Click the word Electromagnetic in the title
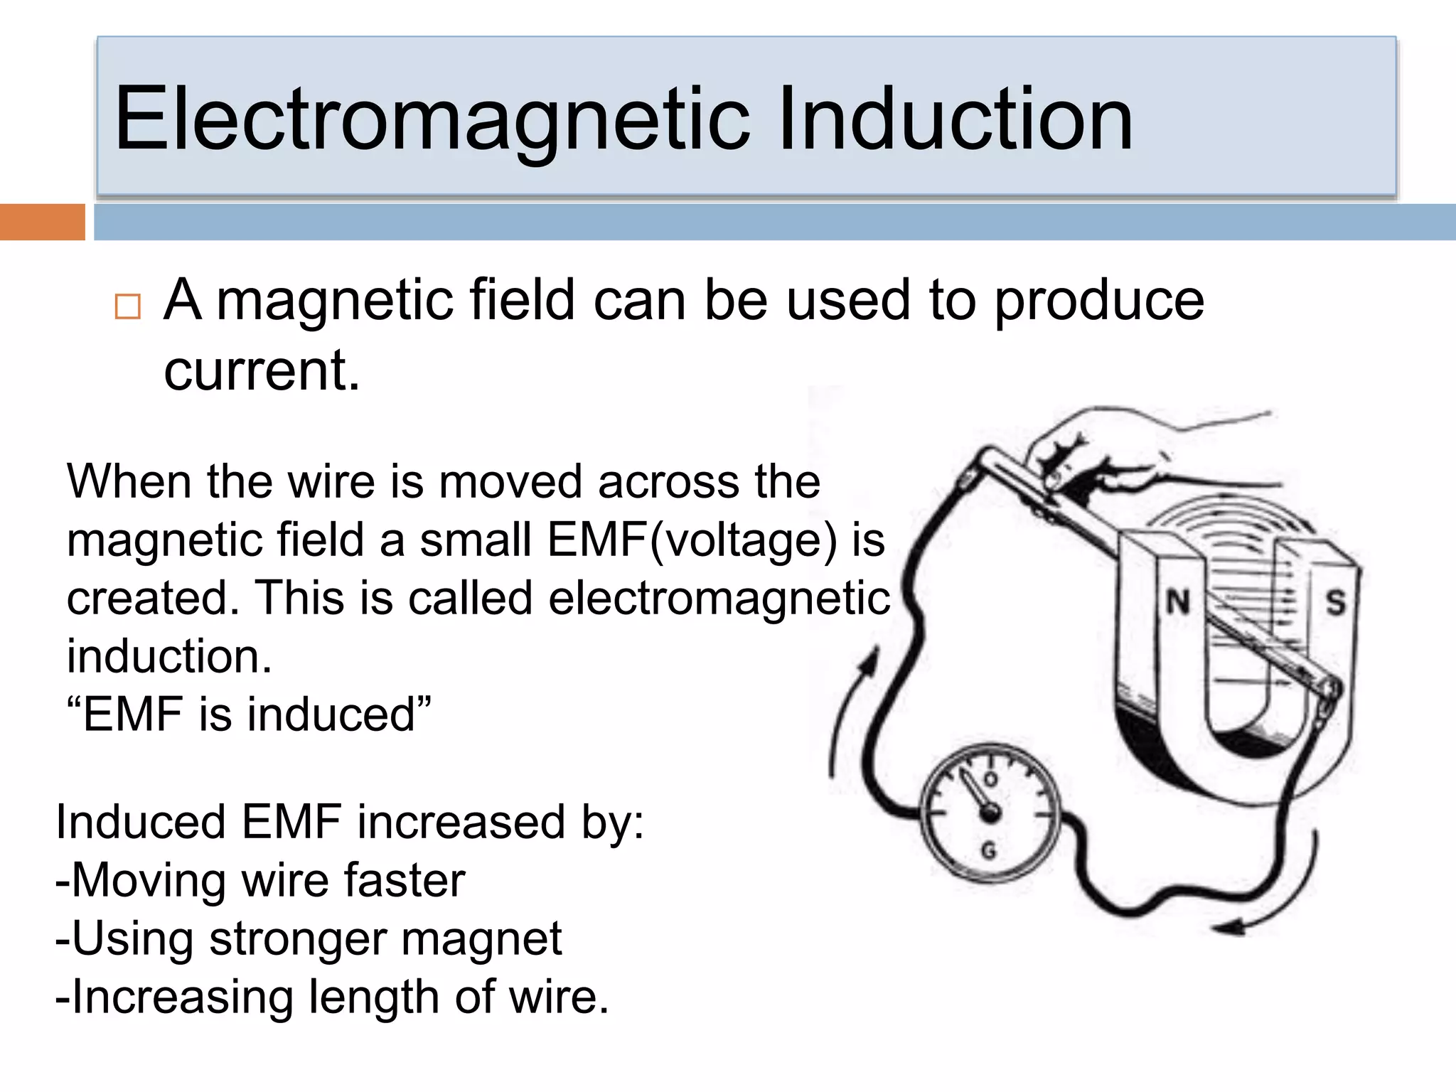432,119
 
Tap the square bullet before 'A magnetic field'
128,306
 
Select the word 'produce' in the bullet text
1099,301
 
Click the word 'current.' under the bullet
262,371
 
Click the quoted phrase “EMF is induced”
249,714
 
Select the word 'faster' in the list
405,880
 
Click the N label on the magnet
1178,602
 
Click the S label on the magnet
1335,603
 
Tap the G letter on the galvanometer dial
989,850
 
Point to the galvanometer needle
975,793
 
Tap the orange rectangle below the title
42,222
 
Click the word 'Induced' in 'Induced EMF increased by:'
141,822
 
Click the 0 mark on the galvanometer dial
990,779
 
